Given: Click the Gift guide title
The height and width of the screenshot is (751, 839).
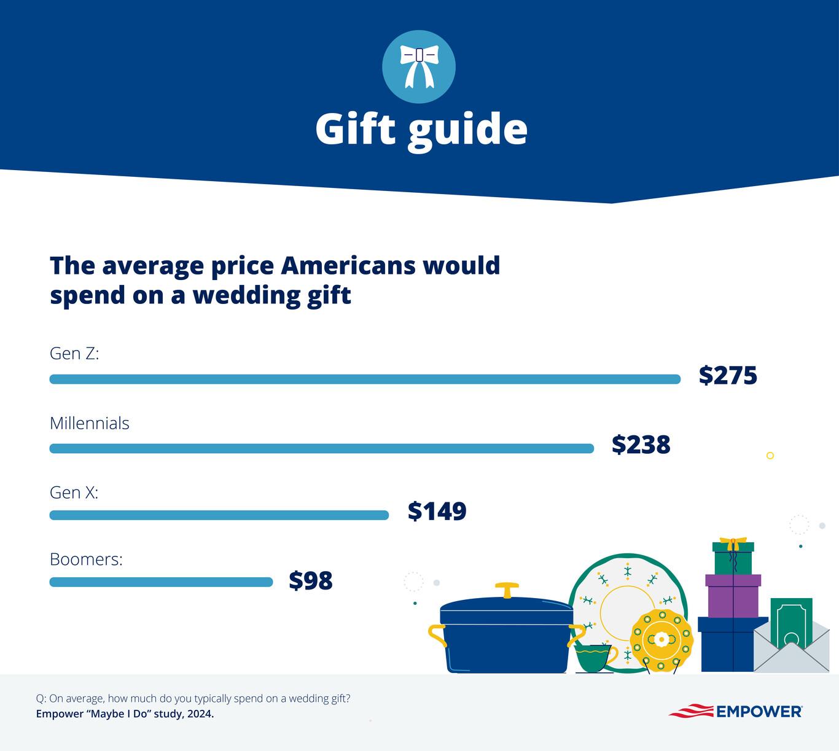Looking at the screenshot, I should click(x=421, y=129).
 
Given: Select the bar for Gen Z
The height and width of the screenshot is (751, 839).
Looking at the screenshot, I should click(x=365, y=379).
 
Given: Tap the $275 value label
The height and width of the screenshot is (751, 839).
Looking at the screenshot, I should click(x=728, y=375).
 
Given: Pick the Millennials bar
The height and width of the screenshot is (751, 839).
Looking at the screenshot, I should click(x=321, y=449).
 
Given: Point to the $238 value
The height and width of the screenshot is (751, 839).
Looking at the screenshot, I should click(x=641, y=445).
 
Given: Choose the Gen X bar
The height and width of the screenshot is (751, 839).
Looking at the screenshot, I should click(x=219, y=515).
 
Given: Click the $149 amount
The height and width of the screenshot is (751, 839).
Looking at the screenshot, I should click(x=437, y=511).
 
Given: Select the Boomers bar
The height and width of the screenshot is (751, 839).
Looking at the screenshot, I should click(x=161, y=582).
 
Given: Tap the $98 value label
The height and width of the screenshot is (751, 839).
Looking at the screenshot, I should click(x=311, y=580).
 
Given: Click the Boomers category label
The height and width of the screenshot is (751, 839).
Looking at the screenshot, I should click(x=86, y=559).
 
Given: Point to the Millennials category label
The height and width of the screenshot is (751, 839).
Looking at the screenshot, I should click(x=90, y=423).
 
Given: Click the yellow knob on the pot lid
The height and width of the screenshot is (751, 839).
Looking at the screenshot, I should click(x=507, y=589).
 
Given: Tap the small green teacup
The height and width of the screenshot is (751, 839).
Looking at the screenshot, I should click(x=593, y=658).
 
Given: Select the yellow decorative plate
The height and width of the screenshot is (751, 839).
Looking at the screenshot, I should click(x=661, y=640).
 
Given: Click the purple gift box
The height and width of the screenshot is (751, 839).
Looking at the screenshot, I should click(x=733, y=596).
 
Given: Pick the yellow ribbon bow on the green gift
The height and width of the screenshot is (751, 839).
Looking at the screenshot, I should click(x=732, y=543).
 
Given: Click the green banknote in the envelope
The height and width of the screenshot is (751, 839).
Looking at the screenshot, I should click(x=791, y=621).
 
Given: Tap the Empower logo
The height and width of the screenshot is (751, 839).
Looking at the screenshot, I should click(x=735, y=712).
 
